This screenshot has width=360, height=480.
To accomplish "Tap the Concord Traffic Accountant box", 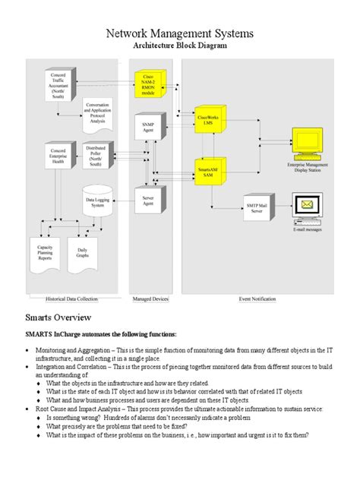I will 58,86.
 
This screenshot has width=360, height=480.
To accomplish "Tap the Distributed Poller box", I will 96,156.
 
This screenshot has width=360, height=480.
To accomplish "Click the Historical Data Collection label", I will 77,300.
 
